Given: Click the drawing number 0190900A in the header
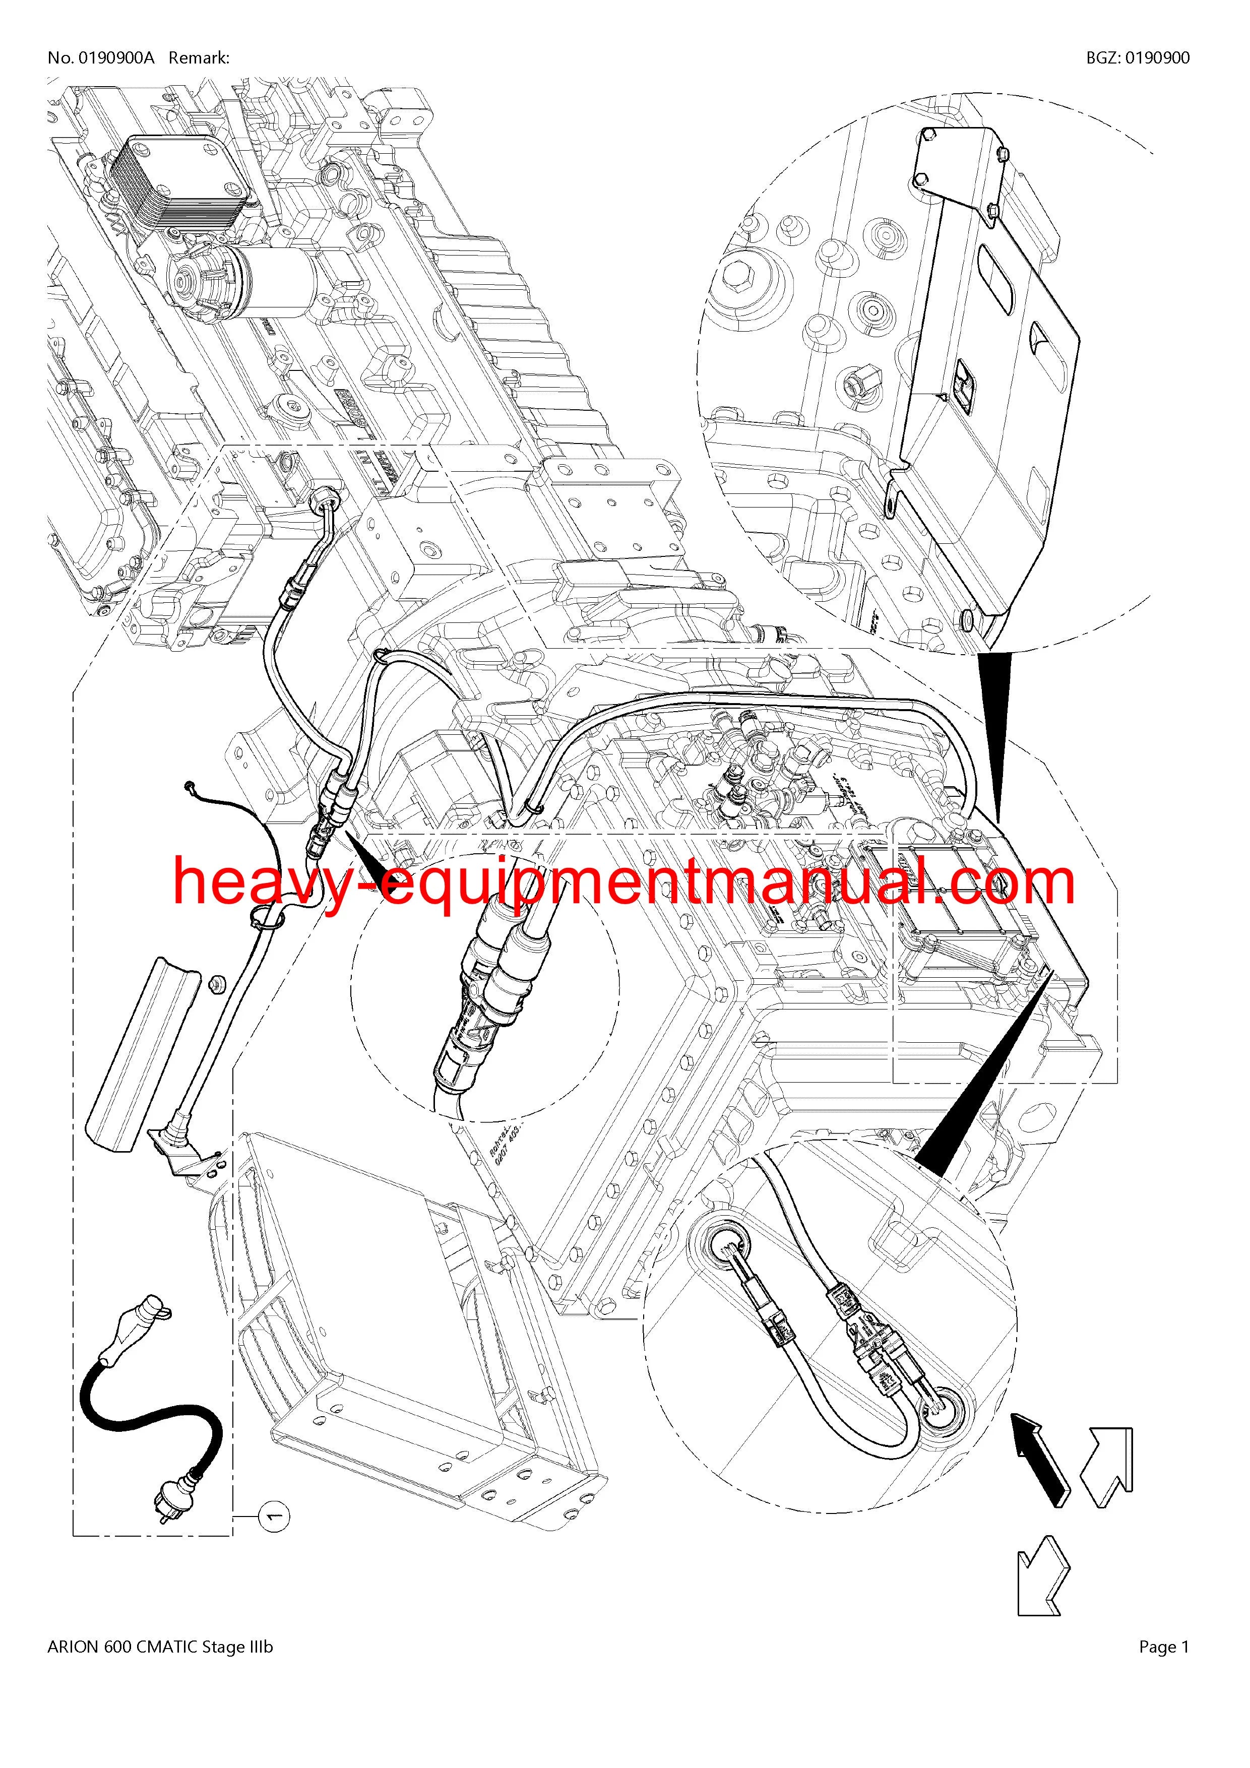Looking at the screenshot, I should [114, 58].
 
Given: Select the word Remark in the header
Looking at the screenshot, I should [197, 58].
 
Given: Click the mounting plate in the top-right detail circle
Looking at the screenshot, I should [993, 324].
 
